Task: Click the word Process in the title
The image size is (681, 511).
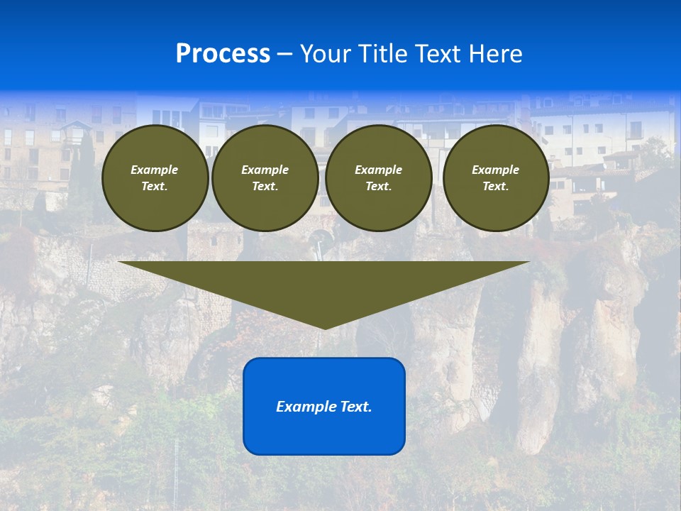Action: coord(223,53)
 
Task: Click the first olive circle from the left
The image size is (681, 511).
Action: coord(155,178)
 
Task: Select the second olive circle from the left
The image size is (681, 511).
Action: coord(265,178)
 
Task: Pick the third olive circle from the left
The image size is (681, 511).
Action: coord(378,178)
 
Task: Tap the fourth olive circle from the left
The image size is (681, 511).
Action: coord(496,178)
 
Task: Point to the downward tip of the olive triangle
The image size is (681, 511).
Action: coord(325,327)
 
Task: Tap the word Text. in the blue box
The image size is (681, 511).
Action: coord(355,407)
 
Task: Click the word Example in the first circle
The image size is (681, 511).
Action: coord(155,170)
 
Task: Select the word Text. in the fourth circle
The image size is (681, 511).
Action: coord(496,187)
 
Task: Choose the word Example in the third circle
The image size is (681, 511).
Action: coord(378,170)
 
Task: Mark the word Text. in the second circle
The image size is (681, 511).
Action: coord(265,187)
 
